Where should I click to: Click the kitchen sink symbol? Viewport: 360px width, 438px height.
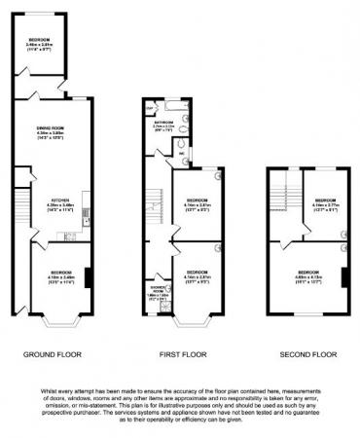coord(87,222)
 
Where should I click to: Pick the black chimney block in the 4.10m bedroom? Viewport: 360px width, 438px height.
coord(89,277)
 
